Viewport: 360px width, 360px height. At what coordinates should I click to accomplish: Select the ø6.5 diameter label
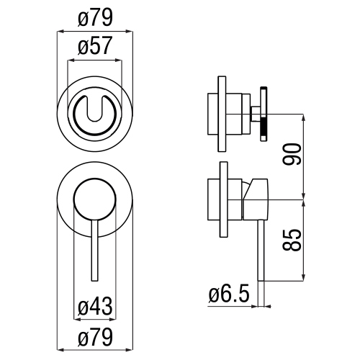coord(229,295)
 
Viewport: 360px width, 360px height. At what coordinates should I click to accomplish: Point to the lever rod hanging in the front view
coord(94,252)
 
